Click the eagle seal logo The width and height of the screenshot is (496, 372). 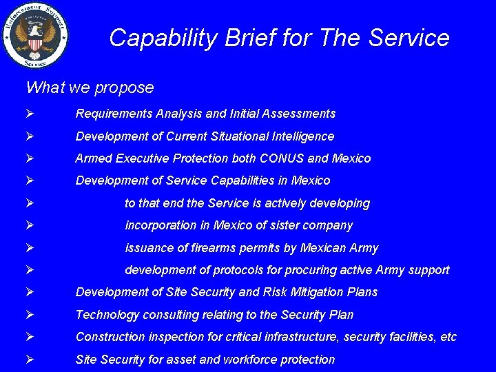coord(35,35)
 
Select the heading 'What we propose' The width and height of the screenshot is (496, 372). coord(90,87)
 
